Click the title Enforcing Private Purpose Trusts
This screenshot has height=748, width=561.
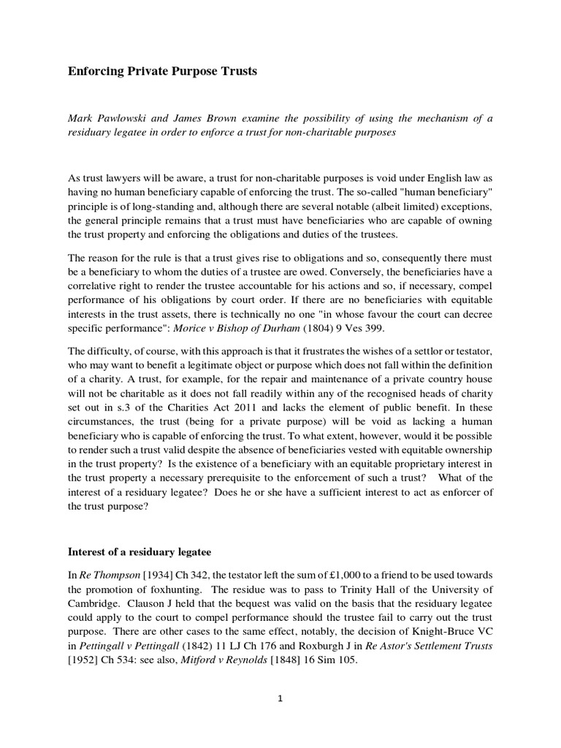[x=163, y=72]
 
